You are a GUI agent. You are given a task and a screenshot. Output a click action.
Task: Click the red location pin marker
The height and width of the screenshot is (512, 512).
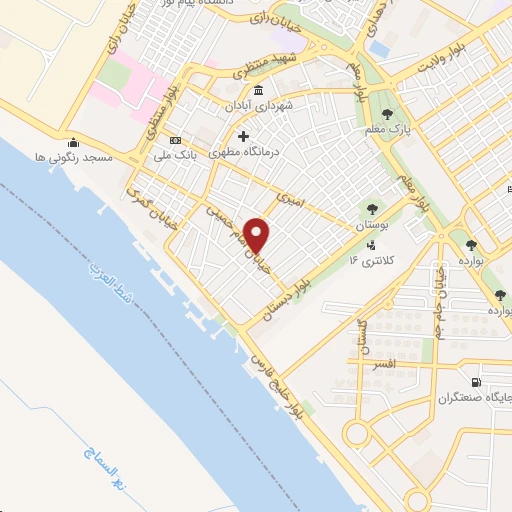click(x=258, y=235)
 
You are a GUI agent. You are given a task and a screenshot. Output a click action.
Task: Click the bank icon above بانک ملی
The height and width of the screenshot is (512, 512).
click(x=176, y=139)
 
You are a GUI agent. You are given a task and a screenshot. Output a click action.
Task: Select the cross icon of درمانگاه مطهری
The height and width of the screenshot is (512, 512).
click(x=242, y=136)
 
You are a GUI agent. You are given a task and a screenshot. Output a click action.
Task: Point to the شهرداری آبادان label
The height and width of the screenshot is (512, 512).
click(x=257, y=104)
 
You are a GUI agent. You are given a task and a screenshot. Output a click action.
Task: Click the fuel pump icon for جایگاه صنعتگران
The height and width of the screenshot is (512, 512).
click(x=474, y=382)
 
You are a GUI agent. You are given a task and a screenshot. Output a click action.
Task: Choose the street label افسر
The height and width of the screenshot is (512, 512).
click(x=385, y=366)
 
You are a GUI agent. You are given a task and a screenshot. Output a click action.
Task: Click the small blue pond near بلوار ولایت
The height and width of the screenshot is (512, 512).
click(x=378, y=46)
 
